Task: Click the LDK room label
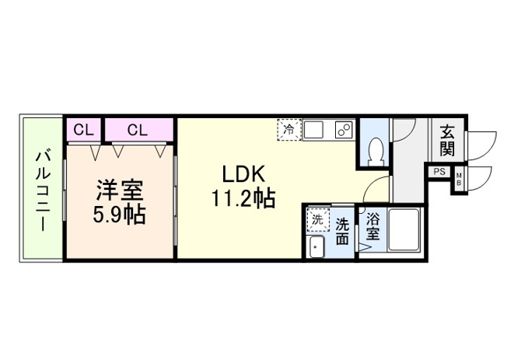coord(242,173)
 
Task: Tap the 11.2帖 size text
coord(242,199)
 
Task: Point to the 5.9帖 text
coord(117,215)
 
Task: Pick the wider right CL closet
coord(137,130)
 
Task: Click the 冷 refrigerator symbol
coord(288,129)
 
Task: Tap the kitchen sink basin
coord(316,130)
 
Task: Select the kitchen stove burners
coord(343,130)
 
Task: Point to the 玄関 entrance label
coord(447,138)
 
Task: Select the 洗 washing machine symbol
coord(316,220)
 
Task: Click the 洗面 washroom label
coord(343,231)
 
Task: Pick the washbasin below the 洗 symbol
coord(316,249)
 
